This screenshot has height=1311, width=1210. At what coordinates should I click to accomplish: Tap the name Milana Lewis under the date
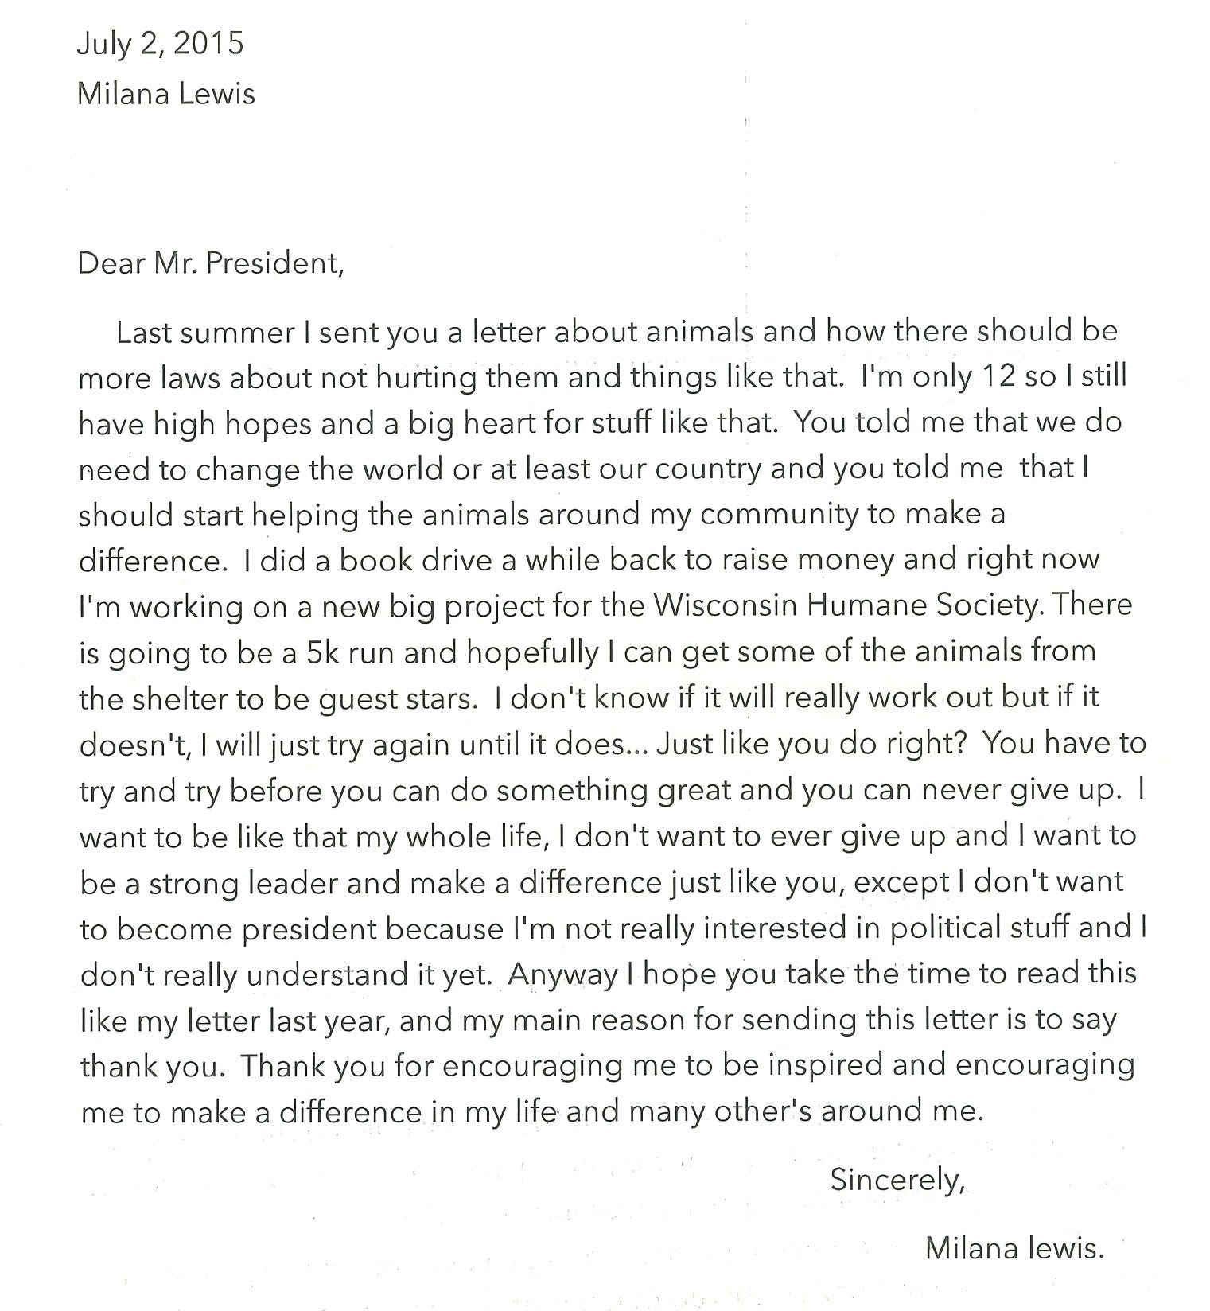(x=165, y=94)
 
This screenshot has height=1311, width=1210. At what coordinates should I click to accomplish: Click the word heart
(x=484, y=422)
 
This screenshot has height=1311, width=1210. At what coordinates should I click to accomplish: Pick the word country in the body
(x=708, y=469)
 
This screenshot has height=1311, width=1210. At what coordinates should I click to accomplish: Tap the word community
(x=779, y=515)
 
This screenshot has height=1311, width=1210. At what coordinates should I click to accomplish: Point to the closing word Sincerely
(x=897, y=1179)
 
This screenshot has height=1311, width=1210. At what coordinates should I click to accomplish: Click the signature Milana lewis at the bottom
(x=1014, y=1248)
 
